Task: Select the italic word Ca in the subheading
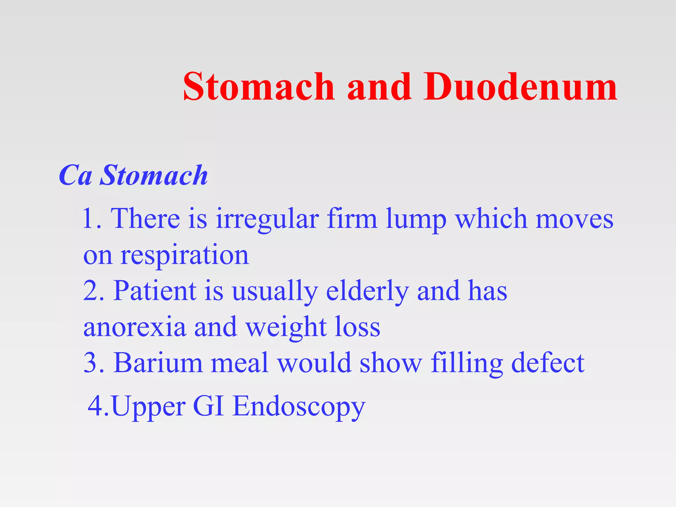pos(75,175)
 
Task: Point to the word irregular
pos(267,219)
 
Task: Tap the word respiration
pos(184,256)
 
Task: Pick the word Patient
pos(155,291)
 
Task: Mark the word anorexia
pos(134,327)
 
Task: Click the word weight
pos(286,327)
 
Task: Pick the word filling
pos(467,363)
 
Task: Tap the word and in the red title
pos(380,86)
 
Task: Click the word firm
pos(352,219)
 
